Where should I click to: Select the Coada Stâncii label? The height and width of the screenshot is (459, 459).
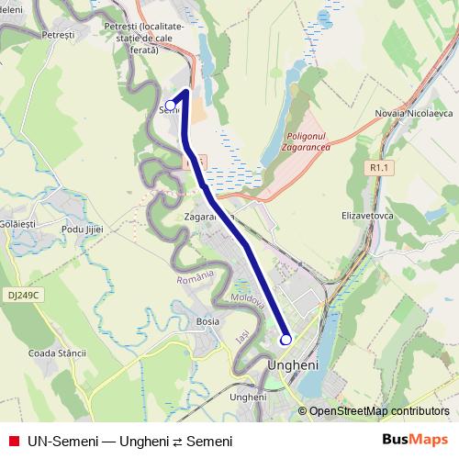(x=57, y=353)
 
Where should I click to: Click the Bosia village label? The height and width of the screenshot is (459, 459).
(x=207, y=321)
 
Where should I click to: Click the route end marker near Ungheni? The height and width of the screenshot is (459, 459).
(x=285, y=339)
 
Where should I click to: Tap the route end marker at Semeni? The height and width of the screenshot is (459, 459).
(x=170, y=105)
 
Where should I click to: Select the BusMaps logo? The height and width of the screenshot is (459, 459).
(x=415, y=441)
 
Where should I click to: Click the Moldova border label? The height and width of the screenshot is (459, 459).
(x=248, y=300)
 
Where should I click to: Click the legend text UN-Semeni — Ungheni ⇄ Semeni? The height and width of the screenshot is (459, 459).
(x=129, y=442)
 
